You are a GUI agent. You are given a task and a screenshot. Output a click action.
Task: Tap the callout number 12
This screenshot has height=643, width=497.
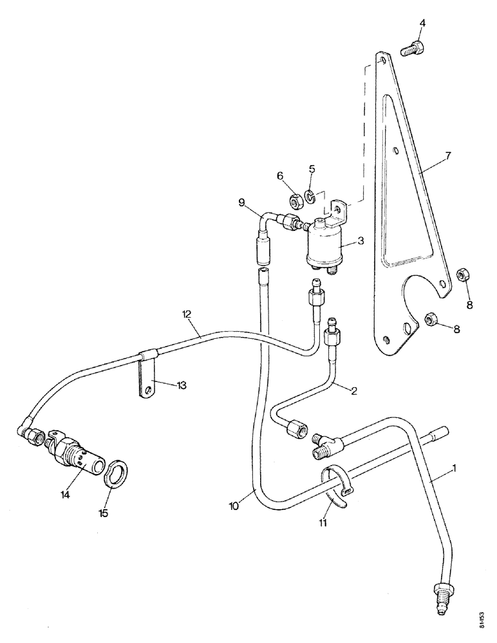[x=187, y=315]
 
